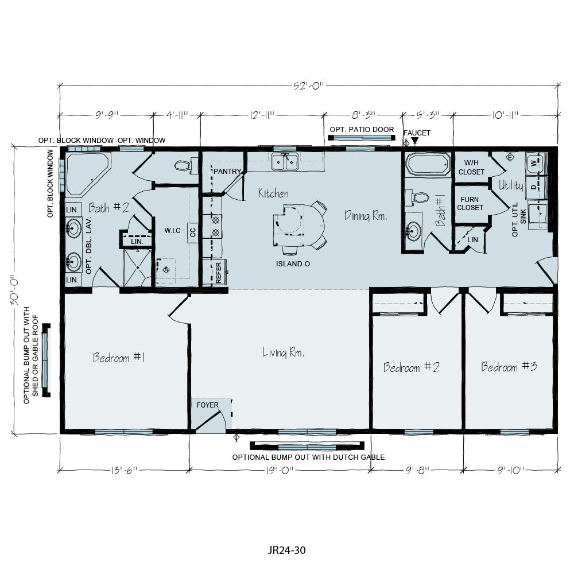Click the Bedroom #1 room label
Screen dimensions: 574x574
pos(118,358)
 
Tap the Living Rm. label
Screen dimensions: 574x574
pos(283,352)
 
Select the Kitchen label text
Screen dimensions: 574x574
pos(273,193)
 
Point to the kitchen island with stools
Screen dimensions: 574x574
pos(296,225)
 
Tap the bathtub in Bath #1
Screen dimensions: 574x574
pos(428,164)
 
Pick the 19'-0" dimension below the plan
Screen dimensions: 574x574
pos(280,470)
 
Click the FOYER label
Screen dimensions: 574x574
pos(207,405)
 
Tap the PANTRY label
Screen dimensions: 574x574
pos(227,171)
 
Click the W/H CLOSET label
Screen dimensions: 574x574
pos(471,167)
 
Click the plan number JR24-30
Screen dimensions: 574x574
pos(286,550)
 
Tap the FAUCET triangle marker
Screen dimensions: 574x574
pos(415,141)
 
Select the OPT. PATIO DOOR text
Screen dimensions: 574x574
pos(362,129)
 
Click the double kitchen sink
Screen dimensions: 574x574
pos(285,161)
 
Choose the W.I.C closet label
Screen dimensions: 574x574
pos(172,231)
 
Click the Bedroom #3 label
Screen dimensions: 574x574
pos(509,366)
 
